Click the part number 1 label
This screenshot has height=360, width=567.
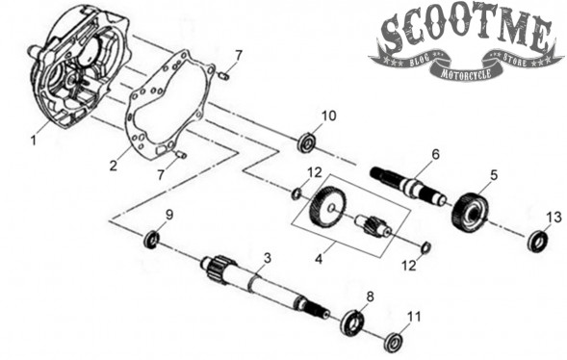point(34,140)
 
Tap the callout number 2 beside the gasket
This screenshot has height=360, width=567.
point(114,166)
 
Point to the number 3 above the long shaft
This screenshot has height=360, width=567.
point(268,258)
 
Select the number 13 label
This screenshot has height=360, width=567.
point(554,218)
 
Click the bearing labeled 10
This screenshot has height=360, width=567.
point(308,142)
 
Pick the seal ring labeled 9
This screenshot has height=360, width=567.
point(152,240)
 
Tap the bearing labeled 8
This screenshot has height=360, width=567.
point(353,322)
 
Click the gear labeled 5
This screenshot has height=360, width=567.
point(470,214)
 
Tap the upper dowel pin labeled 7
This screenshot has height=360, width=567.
point(224,76)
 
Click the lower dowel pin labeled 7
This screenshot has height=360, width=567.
point(180,155)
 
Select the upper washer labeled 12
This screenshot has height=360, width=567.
point(296,193)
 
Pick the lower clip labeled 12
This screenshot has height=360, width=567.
point(426,247)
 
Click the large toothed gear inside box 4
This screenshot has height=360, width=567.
point(327,208)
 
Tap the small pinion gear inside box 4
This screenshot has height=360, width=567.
point(374,225)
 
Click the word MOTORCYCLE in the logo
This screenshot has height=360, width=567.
point(466,73)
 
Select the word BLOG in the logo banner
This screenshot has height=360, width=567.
point(419,61)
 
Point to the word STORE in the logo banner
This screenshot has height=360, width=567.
point(515,60)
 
